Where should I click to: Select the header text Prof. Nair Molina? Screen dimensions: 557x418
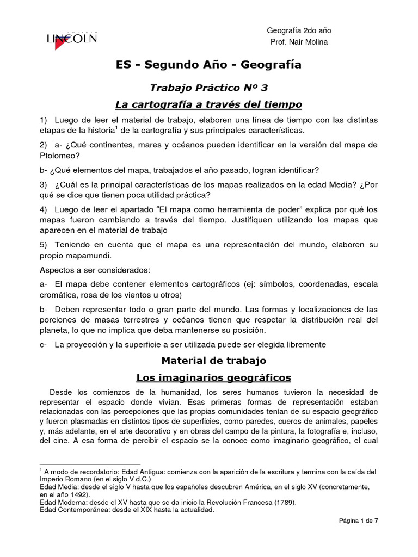[299, 43]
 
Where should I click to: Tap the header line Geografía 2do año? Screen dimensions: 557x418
[299, 30]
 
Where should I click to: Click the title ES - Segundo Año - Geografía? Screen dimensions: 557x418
[208, 65]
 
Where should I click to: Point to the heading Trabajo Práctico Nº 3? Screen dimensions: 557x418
[209, 87]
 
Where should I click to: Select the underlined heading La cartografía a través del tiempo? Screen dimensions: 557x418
[208, 103]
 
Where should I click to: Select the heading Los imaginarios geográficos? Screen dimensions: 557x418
[213, 377]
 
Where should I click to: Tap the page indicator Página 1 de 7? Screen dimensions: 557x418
[358, 536]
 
